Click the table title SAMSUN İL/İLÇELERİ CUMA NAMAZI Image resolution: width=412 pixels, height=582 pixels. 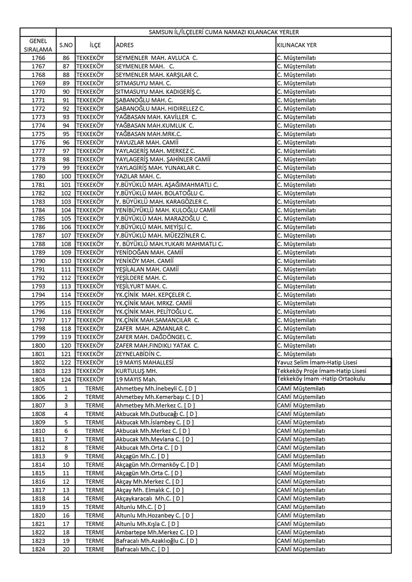224,32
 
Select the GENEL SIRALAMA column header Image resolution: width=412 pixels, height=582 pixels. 38,45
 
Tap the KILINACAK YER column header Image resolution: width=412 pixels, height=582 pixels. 297,45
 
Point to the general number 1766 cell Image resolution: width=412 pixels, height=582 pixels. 38,58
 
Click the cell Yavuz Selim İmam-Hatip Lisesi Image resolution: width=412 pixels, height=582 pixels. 317,362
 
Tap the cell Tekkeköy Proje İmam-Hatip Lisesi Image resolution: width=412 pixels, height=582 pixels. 321,371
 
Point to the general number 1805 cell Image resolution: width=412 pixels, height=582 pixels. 38,387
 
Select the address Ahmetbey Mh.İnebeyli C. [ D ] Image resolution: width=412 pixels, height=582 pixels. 156,387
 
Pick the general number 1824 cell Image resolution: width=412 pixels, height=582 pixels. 38,549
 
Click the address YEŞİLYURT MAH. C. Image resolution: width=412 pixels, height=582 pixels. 142,286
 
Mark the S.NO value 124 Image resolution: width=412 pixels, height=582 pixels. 65,379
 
